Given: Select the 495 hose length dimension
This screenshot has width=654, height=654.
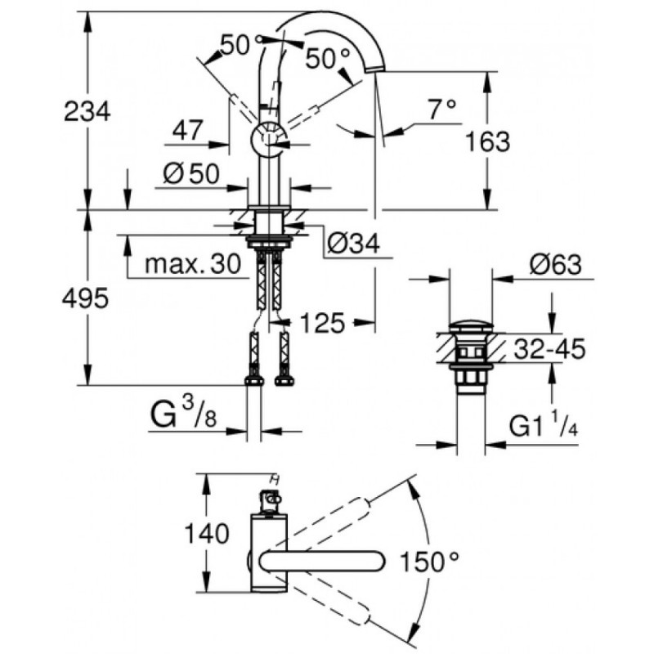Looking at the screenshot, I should pos(85,299).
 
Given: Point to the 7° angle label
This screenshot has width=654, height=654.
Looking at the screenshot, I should pos(441,107).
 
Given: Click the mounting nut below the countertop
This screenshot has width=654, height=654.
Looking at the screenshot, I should pos(271,240).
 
